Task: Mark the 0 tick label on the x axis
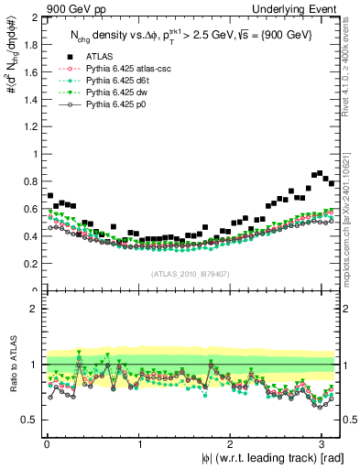(x=47, y=443)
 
